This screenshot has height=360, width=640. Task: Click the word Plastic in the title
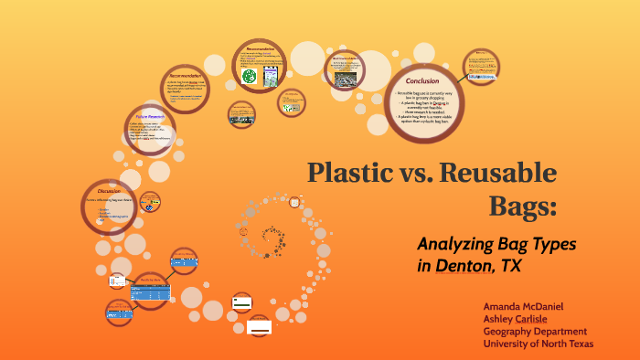(348, 172)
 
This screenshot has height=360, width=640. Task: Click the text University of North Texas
(539, 344)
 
